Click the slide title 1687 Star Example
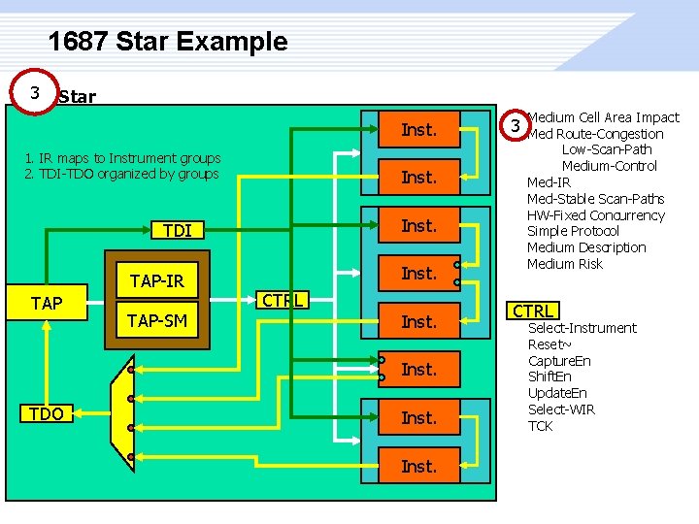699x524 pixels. tap(168, 42)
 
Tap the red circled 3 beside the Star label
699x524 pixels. tap(35, 93)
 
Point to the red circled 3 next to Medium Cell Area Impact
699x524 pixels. tap(517, 126)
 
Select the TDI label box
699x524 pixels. tap(178, 230)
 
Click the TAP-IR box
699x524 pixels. tap(157, 282)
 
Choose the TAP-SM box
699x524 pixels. tap(157, 320)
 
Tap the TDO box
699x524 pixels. tap(47, 414)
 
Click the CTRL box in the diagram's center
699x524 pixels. tap(283, 300)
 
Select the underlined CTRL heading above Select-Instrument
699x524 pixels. tap(533, 311)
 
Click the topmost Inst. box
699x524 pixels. tap(418, 129)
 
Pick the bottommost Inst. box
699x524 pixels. tap(418, 466)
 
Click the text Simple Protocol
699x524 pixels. tap(573, 231)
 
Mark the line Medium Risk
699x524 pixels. tap(565, 264)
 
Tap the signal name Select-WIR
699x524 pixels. tap(561, 409)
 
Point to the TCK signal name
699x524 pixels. tap(540, 426)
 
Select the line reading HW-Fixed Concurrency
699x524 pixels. tap(595, 215)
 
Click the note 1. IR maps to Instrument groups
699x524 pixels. tap(123, 158)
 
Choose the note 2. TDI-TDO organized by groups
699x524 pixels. tap(122, 174)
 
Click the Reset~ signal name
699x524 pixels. tap(548, 344)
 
